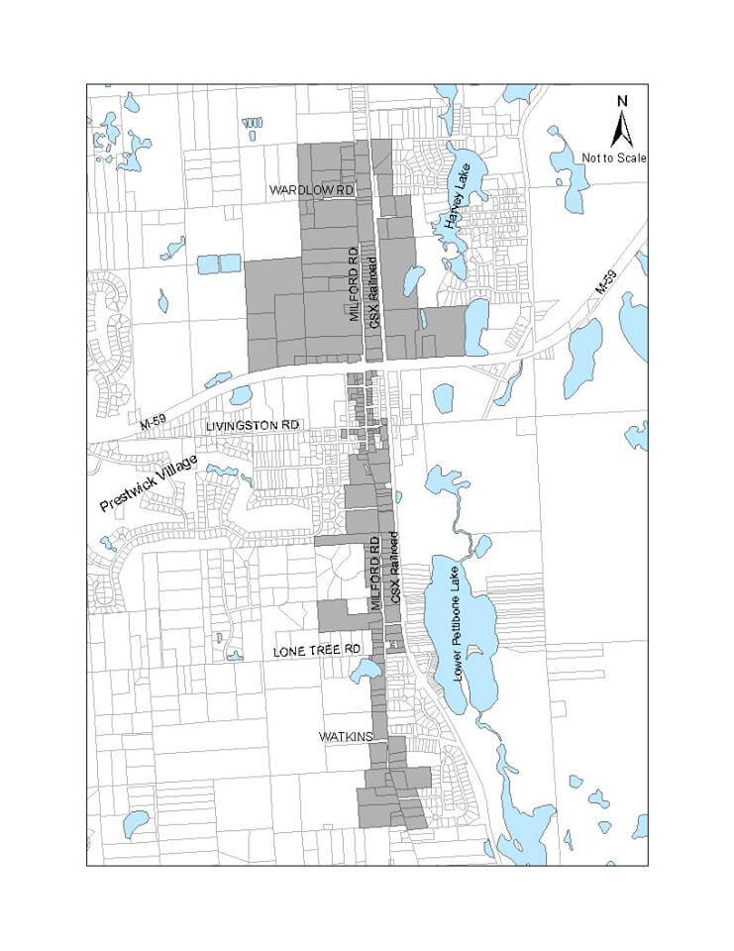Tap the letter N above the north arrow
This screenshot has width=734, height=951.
622,101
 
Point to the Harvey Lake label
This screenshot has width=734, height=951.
457,201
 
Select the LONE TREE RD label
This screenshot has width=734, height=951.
315,651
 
